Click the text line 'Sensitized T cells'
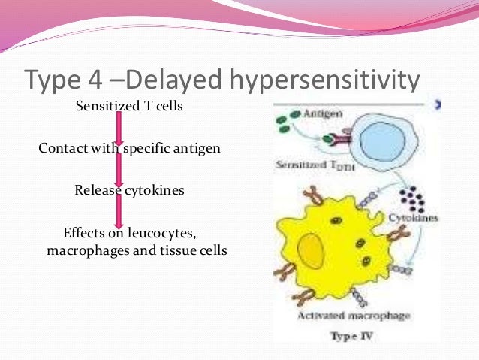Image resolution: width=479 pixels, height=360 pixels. pyautogui.click(x=129, y=106)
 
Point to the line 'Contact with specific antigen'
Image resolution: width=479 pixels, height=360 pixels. pyautogui.click(x=129, y=148)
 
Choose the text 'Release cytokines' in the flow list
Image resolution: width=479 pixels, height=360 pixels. pyautogui.click(x=129, y=190)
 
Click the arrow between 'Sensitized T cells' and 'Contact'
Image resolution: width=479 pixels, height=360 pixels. pyautogui.click(x=119, y=127)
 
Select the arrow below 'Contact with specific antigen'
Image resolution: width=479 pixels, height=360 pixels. pyautogui.click(x=119, y=169)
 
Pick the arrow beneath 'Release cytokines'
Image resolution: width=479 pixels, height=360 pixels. pyautogui.click(x=119, y=210)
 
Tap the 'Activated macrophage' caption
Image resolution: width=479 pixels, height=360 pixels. pyautogui.click(x=363, y=316)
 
